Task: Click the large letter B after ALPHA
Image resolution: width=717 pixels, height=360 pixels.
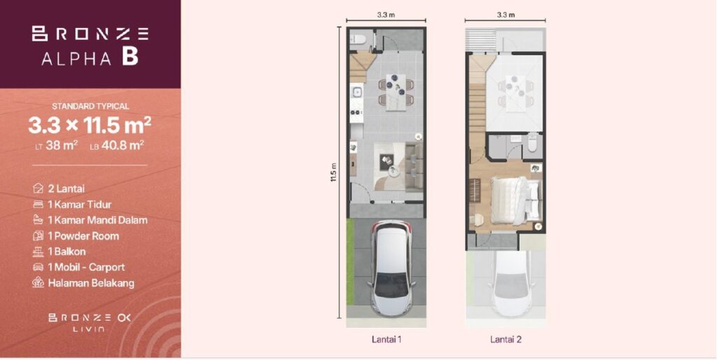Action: tap(130, 57)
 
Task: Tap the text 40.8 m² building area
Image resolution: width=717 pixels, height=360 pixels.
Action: tap(129, 146)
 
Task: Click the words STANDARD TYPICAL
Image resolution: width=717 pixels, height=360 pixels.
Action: tap(90, 106)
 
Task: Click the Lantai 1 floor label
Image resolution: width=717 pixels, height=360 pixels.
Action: tap(387, 340)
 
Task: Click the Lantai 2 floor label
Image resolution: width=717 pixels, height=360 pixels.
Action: tap(506, 340)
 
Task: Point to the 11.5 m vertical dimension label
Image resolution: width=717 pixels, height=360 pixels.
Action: tap(333, 172)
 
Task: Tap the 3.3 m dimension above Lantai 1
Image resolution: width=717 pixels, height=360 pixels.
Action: tap(387, 15)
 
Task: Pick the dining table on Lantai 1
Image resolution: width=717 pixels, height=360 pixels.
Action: tap(396, 92)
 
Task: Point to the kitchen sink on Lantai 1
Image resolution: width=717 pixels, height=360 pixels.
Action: tap(356, 93)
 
